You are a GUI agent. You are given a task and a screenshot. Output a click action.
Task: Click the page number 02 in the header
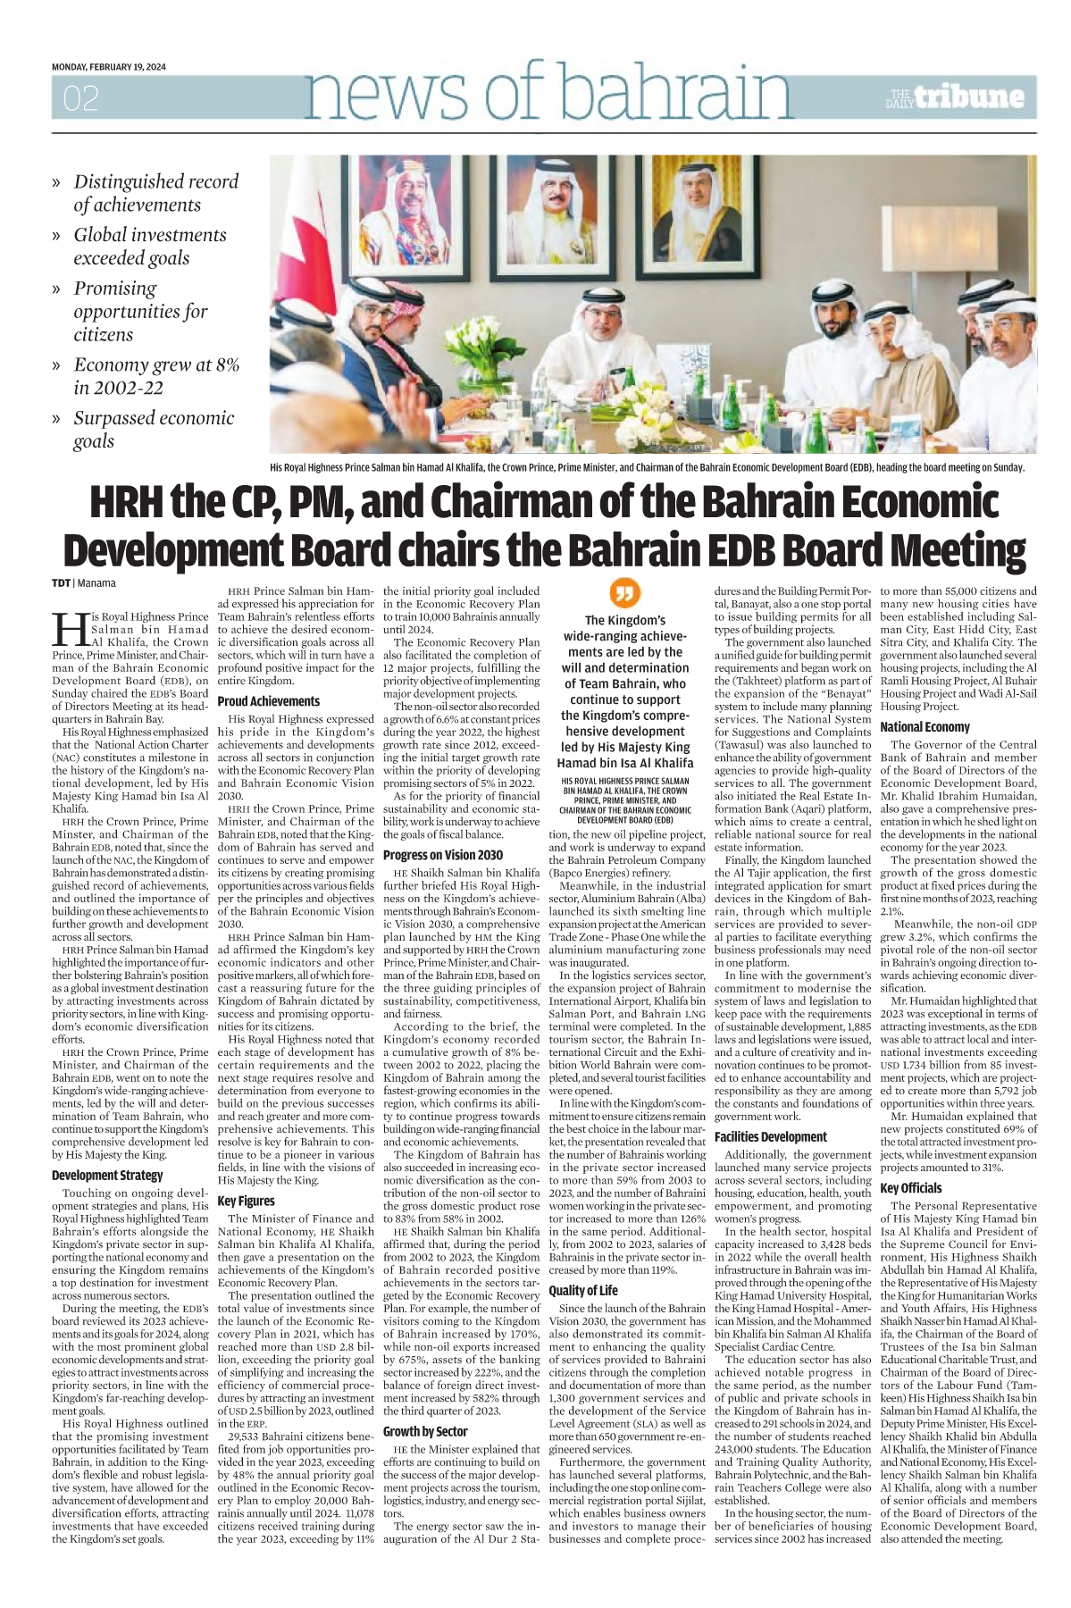(80, 98)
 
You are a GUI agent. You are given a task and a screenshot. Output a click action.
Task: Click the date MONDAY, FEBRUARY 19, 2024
(108, 67)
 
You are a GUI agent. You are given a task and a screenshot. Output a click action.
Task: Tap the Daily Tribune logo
(956, 97)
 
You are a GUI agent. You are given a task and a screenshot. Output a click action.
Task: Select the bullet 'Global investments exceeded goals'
(149, 247)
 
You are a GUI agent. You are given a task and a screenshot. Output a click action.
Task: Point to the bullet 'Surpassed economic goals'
(153, 430)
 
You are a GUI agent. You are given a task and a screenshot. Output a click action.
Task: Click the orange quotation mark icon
(625, 592)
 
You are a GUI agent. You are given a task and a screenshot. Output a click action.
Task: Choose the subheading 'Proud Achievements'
(268, 701)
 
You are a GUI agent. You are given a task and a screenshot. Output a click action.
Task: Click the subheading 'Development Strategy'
(107, 1175)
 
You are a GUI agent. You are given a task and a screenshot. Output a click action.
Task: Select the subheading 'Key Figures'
(246, 1201)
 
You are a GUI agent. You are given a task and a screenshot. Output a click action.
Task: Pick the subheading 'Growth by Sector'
(425, 1431)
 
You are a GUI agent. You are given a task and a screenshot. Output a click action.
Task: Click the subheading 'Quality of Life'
(582, 1290)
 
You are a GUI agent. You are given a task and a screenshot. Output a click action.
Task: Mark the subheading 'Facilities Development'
(770, 1136)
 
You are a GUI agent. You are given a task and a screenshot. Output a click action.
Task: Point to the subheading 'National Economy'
(925, 727)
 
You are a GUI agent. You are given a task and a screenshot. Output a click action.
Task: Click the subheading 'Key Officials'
(910, 1188)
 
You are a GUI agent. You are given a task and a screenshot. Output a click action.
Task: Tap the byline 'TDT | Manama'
(83, 583)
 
